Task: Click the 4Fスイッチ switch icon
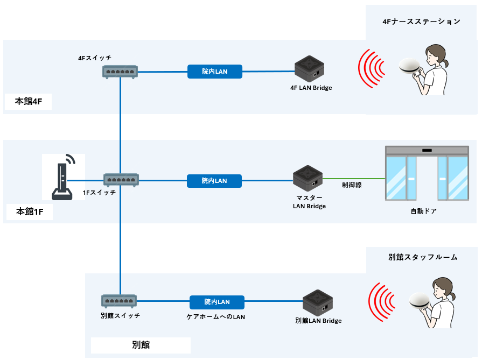click(120, 71)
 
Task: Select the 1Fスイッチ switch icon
click(121, 180)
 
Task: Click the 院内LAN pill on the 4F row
click(215, 71)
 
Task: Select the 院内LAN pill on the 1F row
click(214, 181)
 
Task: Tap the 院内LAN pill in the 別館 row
click(217, 302)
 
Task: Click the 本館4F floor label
click(29, 101)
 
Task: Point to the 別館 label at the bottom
click(141, 345)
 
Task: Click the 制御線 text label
click(351, 185)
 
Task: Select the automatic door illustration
click(427, 173)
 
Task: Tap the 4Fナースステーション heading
click(421, 22)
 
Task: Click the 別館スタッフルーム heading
click(423, 257)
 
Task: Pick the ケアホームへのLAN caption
click(215, 317)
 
